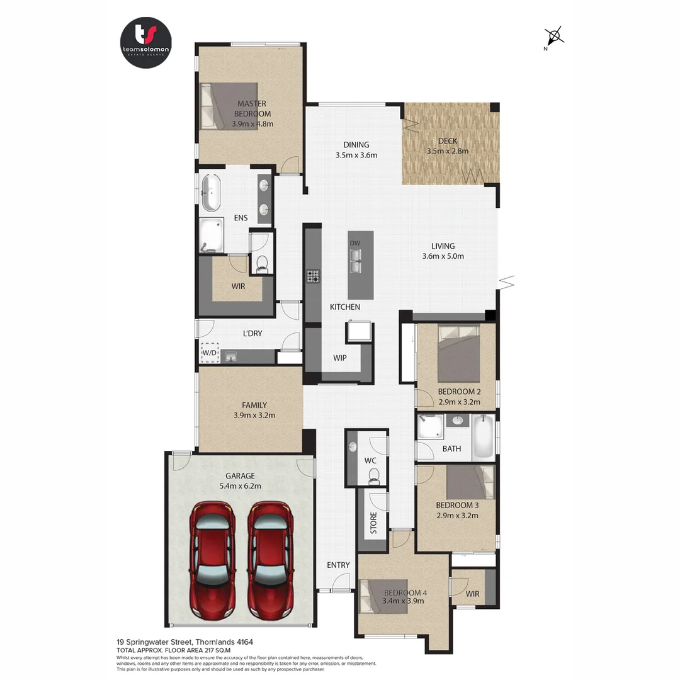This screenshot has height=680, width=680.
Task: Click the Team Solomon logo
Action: [x=145, y=42]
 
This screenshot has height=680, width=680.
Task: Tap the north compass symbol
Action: [x=553, y=36]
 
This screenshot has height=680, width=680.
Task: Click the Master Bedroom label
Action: [x=251, y=108]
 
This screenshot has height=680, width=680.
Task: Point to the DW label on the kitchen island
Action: [x=355, y=243]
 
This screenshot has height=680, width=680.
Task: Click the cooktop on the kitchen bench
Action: [x=313, y=276]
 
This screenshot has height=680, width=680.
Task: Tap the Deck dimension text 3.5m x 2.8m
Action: [x=447, y=151]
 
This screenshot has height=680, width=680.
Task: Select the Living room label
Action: [x=443, y=246]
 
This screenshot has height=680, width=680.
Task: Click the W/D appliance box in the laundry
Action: [x=209, y=353]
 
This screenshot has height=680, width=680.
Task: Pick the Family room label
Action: [x=254, y=405]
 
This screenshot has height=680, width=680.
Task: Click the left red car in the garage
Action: [x=213, y=559]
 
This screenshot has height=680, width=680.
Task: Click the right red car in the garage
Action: [x=270, y=559]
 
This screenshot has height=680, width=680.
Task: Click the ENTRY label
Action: [x=337, y=565]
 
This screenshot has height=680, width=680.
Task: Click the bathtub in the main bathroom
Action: [x=484, y=436]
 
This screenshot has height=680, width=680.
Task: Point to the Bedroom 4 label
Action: [x=405, y=592]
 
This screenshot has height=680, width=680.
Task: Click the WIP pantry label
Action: [x=340, y=358]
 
